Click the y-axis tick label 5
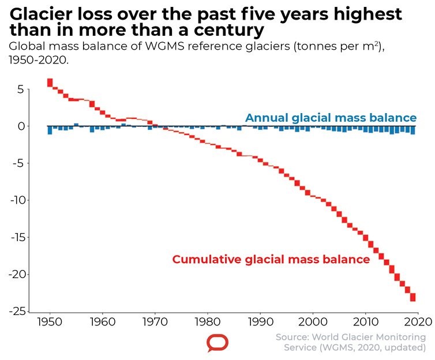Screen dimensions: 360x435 tap(20, 89)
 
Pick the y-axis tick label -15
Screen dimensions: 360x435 tap(15, 237)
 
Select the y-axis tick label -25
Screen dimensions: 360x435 tap(15, 311)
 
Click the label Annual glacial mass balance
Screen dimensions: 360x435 tap(331, 118)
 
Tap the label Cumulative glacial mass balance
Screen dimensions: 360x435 tap(271, 259)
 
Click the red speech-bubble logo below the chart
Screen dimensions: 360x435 tap(217, 343)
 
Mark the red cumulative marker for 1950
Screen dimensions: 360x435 tap(50, 82)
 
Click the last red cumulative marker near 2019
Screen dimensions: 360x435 tap(413, 297)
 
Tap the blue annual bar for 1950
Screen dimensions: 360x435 tap(50, 130)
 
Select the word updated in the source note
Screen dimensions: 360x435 tap(405, 347)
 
